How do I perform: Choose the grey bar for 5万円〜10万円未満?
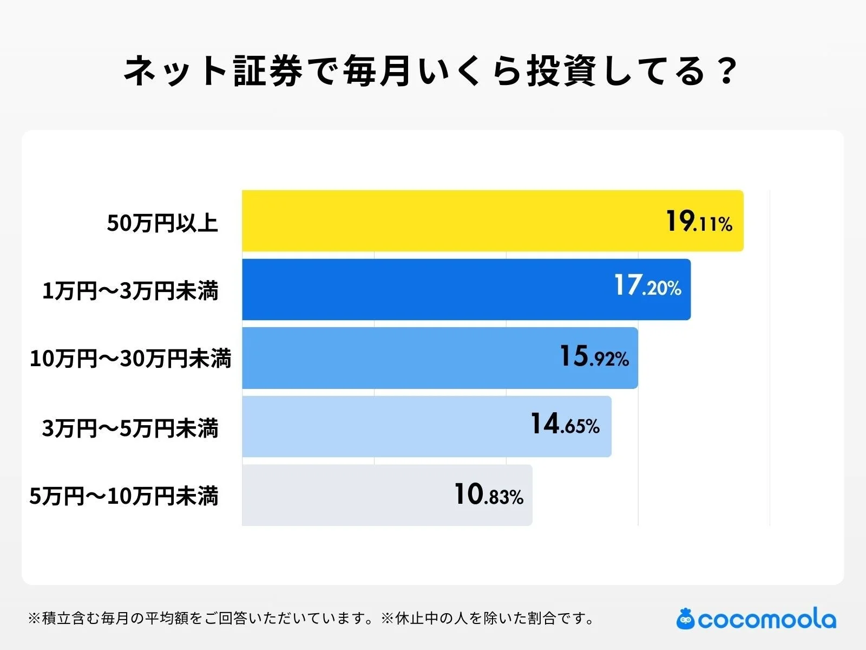click(346, 495)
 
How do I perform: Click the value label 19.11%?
click(699, 222)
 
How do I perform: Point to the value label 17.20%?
click(647, 285)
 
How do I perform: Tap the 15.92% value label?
click(594, 357)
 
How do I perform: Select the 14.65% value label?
click(565, 425)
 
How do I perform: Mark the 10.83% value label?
click(489, 495)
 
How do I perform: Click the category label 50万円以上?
click(162, 223)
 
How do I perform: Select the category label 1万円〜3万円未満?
click(130, 291)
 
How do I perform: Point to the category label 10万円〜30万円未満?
click(130, 359)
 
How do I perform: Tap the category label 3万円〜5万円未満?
click(130, 428)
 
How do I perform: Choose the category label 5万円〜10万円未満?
click(124, 496)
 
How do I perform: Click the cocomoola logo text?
click(766, 620)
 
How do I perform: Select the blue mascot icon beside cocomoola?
click(685, 619)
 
